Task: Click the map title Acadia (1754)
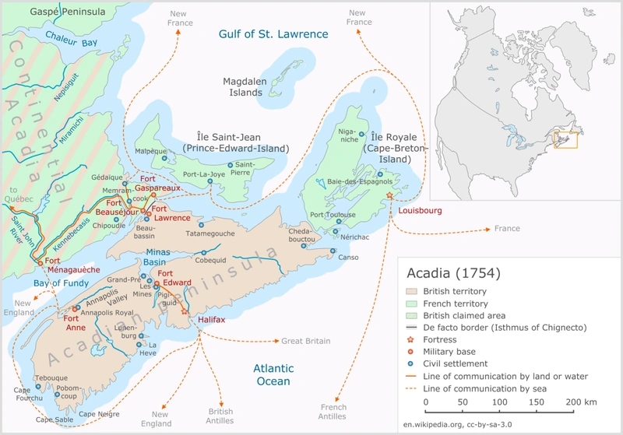[x=453, y=273]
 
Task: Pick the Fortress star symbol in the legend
[x=412, y=340]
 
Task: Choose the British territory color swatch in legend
[x=412, y=291]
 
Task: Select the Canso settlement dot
[x=333, y=251]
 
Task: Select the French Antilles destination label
[x=333, y=412]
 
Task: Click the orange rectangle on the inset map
[x=565, y=139]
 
